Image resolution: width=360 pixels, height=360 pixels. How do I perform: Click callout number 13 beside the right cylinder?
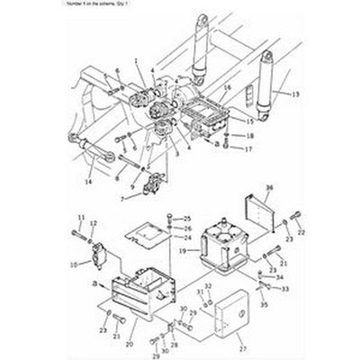point(286,93)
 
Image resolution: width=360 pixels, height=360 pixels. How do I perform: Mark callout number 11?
point(79,219)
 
